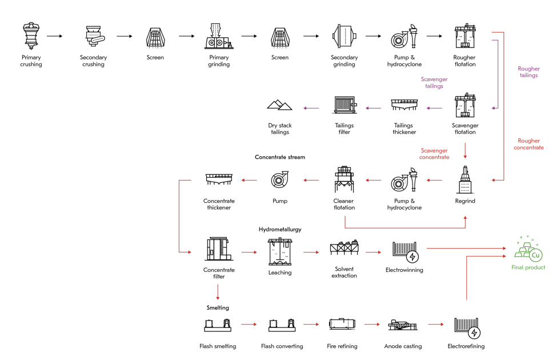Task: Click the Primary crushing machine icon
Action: [31, 35]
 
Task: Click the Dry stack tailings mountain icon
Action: [279, 105]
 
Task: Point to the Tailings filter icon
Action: [345, 105]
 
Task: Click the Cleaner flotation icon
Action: [344, 179]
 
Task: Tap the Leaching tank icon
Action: [280, 251]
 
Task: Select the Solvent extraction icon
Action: [344, 247]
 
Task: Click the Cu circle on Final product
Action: [535, 255]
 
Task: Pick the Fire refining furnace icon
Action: [342, 324]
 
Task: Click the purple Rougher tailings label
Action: [529, 72]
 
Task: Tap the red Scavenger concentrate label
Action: [434, 154]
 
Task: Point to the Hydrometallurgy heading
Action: [280, 229]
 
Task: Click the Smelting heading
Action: [218, 307]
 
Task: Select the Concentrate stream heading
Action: [280, 157]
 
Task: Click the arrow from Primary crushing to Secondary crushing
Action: [55, 36]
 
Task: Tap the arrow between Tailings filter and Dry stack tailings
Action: [311, 108]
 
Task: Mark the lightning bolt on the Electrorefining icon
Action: [474, 333]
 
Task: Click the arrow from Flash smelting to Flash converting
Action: [249, 325]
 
